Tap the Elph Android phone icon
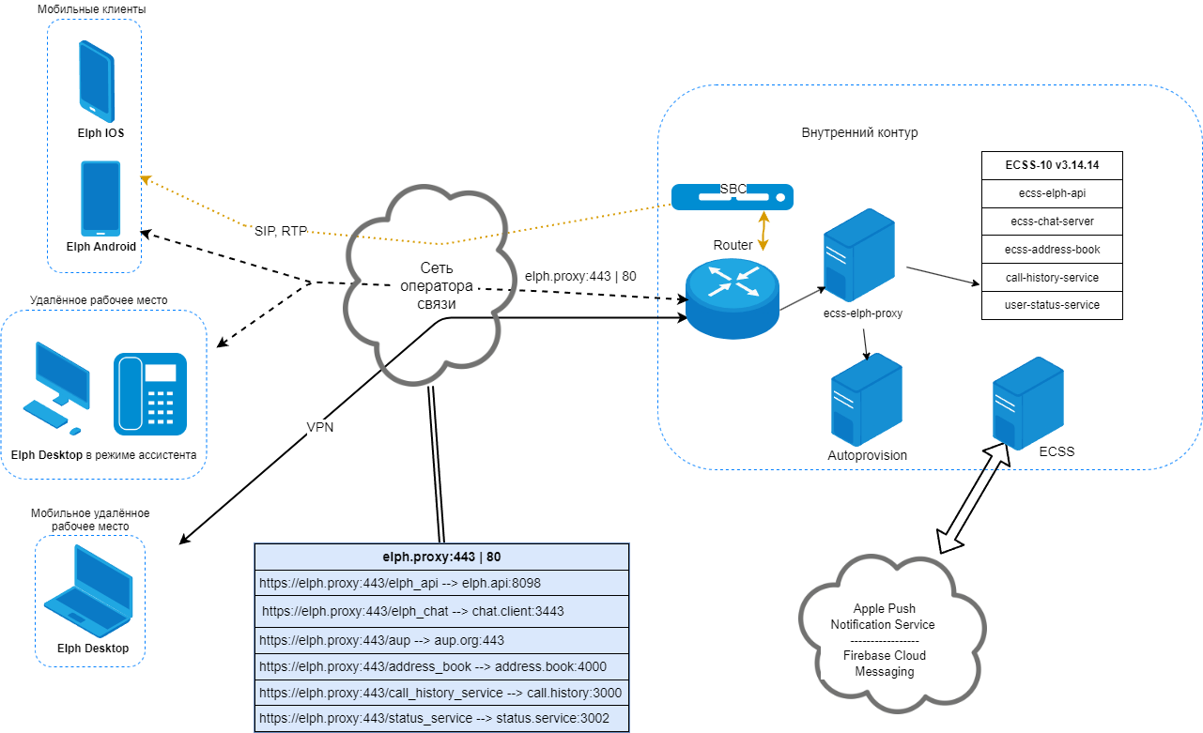pyautogui.click(x=100, y=199)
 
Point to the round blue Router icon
pyautogui.click(x=732, y=294)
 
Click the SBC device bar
pyautogui.click(x=733, y=196)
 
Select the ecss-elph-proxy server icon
pyautogui.click(x=859, y=254)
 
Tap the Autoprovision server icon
pyautogui.click(x=866, y=399)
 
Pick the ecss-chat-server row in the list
pyautogui.click(x=1052, y=221)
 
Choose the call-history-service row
pyautogui.click(x=1052, y=278)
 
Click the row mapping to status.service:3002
pyautogui.click(x=441, y=719)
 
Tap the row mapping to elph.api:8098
pyautogui.click(x=441, y=583)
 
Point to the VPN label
pyautogui.click(x=320, y=426)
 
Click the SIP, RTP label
pyautogui.click(x=281, y=229)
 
